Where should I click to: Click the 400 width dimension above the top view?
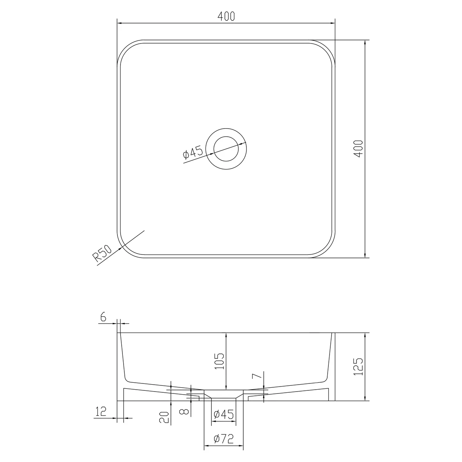(226, 16)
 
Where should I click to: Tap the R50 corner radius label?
(102, 253)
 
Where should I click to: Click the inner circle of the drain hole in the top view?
(226, 137)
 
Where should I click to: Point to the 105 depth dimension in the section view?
(219, 361)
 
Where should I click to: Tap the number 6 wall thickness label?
(103, 317)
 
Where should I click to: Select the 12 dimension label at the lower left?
(101, 412)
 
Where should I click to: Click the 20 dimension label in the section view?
(164, 417)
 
